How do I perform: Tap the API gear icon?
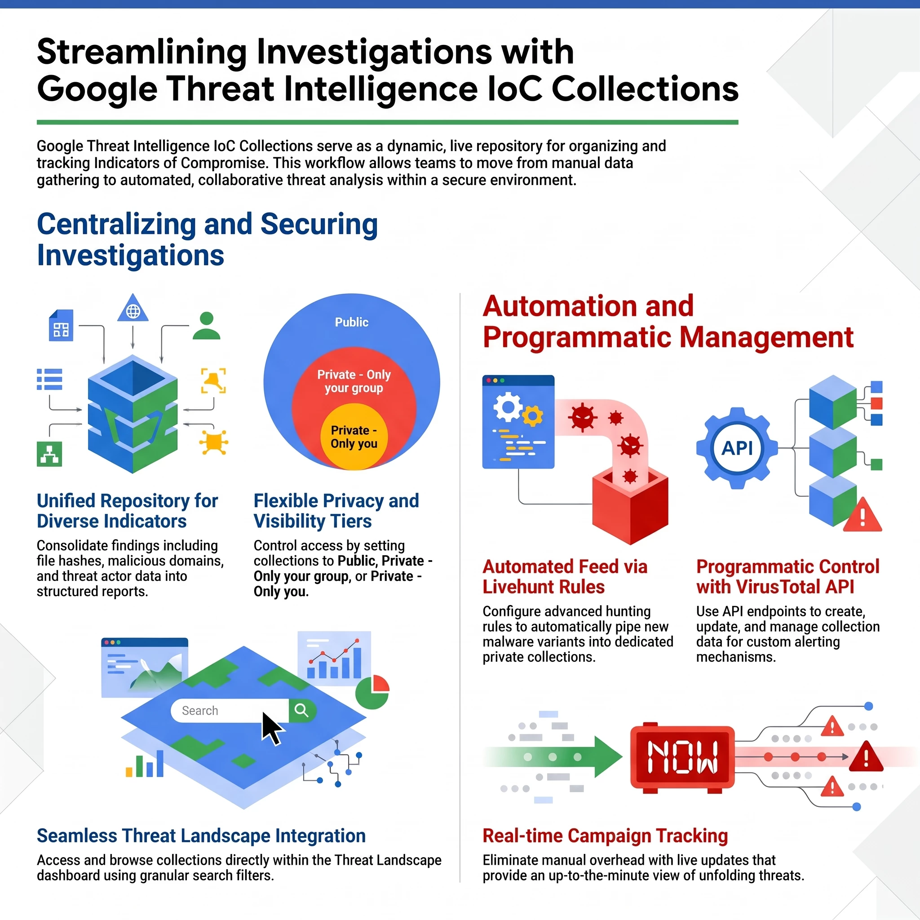tap(737, 448)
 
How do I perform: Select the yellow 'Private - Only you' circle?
tap(354, 437)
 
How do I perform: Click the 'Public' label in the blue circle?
tap(351, 323)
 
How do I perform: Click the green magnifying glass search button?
tap(302, 711)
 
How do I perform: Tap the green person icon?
tap(207, 326)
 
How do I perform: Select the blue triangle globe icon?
tap(133, 308)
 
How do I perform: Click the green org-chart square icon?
tap(49, 454)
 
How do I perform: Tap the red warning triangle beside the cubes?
tap(862, 515)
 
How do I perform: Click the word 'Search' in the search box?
tap(200, 711)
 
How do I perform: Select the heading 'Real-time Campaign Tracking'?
tap(605, 836)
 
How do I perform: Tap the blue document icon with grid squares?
tap(62, 325)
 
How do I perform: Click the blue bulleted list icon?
tap(49, 379)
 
